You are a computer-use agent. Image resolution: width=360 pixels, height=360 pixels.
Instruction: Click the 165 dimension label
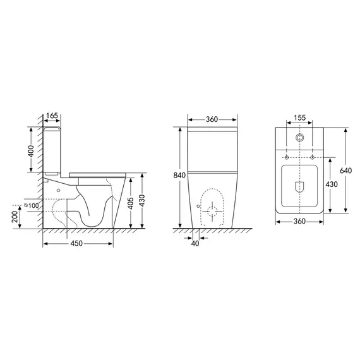[x=52, y=116]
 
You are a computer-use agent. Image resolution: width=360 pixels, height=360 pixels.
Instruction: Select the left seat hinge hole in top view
[x=287, y=157]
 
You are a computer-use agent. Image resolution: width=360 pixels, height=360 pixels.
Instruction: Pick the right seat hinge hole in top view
[x=312, y=157]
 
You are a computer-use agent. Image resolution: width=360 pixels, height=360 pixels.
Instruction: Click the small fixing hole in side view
[x=59, y=188]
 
